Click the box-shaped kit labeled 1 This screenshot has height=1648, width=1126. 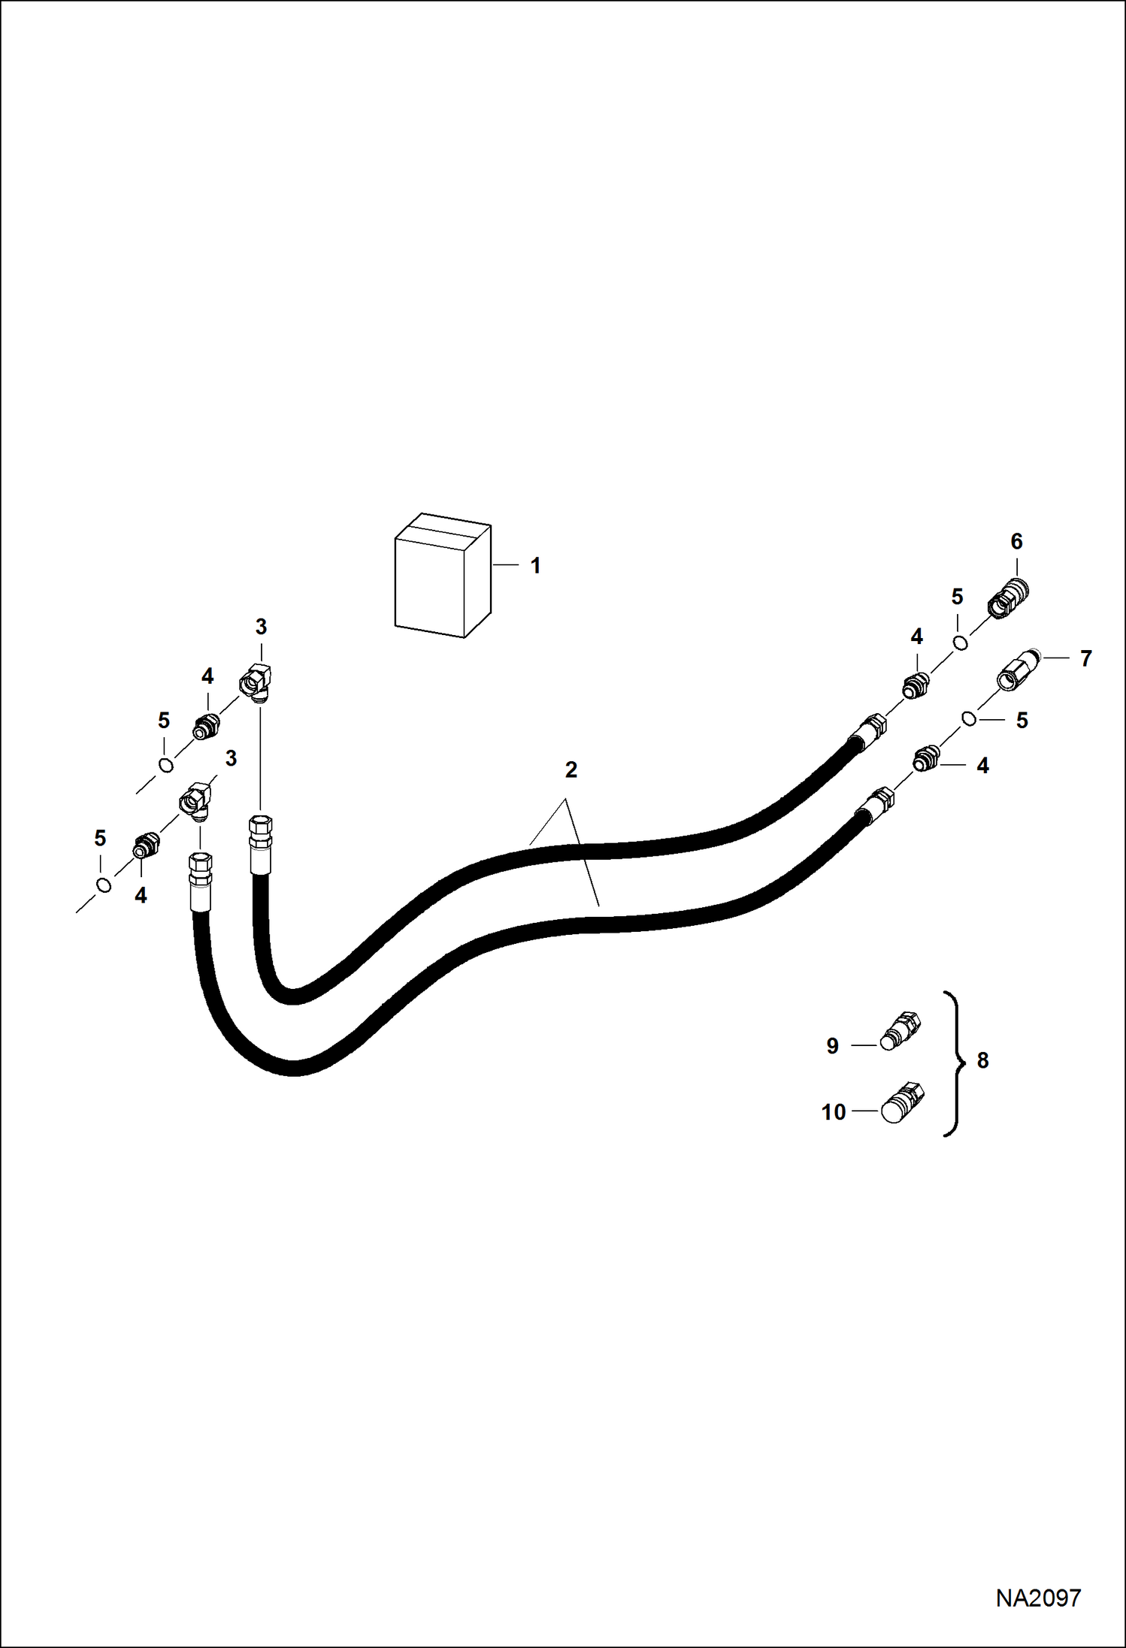tap(443, 576)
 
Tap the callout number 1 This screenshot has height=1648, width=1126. tap(536, 565)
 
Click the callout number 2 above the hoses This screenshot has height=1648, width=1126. tap(571, 770)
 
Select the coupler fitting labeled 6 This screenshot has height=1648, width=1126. tap(1008, 600)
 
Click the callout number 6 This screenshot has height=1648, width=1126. tap(1017, 541)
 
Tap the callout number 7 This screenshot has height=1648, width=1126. tap(1085, 658)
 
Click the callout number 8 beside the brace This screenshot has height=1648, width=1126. tap(982, 1060)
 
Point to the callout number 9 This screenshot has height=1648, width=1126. tap(832, 1046)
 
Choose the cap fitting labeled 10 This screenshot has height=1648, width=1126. tap(903, 1102)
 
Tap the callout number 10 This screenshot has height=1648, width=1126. tap(834, 1112)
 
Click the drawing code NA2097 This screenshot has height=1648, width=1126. tap(1038, 1597)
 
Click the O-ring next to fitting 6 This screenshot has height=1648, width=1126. tap(960, 643)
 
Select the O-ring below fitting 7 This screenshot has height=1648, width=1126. tap(970, 719)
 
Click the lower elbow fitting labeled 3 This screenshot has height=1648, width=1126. tap(195, 800)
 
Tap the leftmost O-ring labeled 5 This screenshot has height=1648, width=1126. tap(104, 885)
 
